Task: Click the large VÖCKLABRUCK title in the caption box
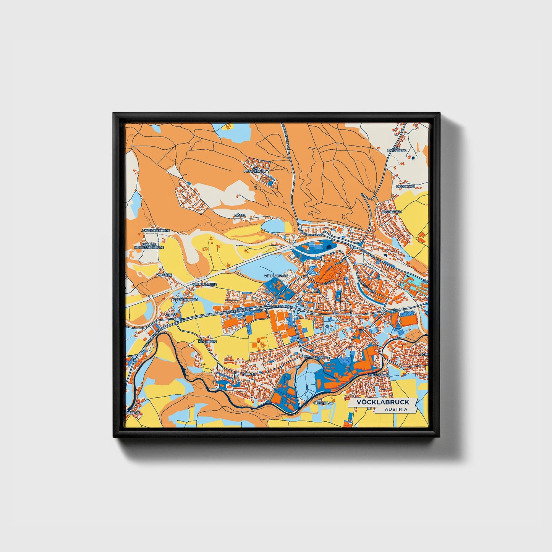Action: click(382, 402)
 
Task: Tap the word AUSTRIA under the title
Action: click(396, 410)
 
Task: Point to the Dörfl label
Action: click(240, 215)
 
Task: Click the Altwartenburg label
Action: click(155, 231)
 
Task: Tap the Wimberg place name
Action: click(165, 275)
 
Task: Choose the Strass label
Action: click(171, 315)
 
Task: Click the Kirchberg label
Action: click(207, 342)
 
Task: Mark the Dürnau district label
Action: click(248, 374)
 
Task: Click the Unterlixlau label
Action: click(378, 375)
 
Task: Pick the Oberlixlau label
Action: click(324, 403)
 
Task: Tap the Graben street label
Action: click(327, 283)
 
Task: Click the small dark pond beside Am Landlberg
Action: click(413, 157)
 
